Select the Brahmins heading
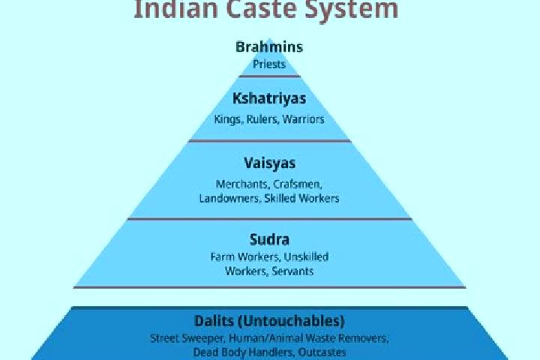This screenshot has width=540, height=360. coord(269,46)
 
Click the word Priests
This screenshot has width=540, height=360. coord(269,64)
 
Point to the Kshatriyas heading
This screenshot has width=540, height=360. coord(269,98)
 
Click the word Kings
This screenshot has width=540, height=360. coord(229,119)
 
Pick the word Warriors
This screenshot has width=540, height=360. coord(304,119)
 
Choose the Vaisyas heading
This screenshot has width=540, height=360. coord(270,163)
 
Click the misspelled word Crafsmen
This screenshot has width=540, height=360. coord(298,184)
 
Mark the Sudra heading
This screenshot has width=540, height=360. coord(269,239)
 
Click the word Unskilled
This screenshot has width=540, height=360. coord(306,257)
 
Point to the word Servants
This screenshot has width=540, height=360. coord(292,271)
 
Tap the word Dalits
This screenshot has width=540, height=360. coord(214,321)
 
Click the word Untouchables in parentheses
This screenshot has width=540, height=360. coord(291,321)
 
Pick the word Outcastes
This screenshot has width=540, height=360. coord(322,352)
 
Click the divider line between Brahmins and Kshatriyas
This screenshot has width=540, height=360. coord(270,76)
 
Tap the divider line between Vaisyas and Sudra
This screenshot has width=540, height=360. coord(270,219)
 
